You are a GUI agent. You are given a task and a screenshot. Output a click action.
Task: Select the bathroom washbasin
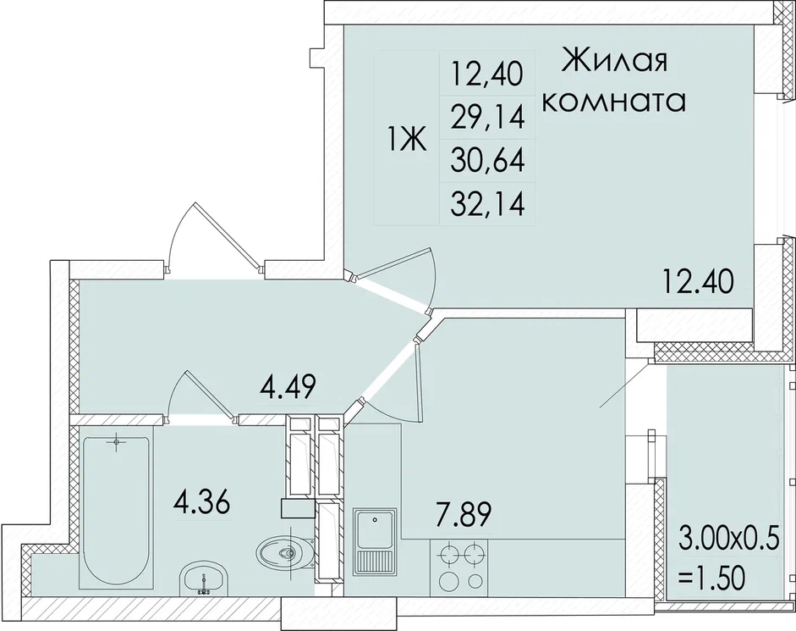click(203, 581)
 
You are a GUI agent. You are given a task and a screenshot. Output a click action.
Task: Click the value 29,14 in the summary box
click(486, 117)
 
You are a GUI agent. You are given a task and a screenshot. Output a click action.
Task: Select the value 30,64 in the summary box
click(486, 159)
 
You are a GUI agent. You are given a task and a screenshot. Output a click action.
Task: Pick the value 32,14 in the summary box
click(486, 203)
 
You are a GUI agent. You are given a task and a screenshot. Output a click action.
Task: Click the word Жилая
click(615, 63)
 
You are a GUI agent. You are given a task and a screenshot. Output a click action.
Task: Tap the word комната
click(613, 102)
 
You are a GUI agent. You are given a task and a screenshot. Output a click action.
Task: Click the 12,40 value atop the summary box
click(486, 75)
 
